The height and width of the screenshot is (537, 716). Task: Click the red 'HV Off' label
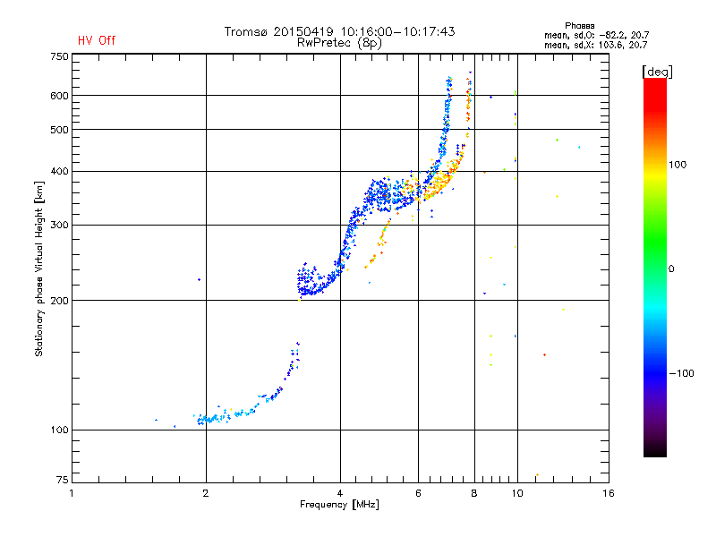pyautogui.click(x=96, y=40)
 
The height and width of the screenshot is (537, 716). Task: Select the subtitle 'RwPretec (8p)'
pyautogui.click(x=339, y=42)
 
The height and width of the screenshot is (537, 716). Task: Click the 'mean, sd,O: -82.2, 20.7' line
pyautogui.click(x=595, y=35)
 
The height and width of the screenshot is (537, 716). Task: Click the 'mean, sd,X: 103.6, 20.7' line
pyautogui.click(x=595, y=44)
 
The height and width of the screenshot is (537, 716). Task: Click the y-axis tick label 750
pyautogui.click(x=59, y=55)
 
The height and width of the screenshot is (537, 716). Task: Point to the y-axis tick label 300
pyautogui.click(x=59, y=225)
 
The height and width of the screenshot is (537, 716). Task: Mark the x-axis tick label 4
pyautogui.click(x=340, y=493)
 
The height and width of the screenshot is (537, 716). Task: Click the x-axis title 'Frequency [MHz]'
pyautogui.click(x=339, y=505)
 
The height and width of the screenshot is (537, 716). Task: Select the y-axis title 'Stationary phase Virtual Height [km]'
pyautogui.click(x=39, y=268)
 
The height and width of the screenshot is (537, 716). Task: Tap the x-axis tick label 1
pyautogui.click(x=72, y=493)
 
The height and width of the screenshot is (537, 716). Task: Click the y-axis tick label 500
pyautogui.click(x=59, y=130)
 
